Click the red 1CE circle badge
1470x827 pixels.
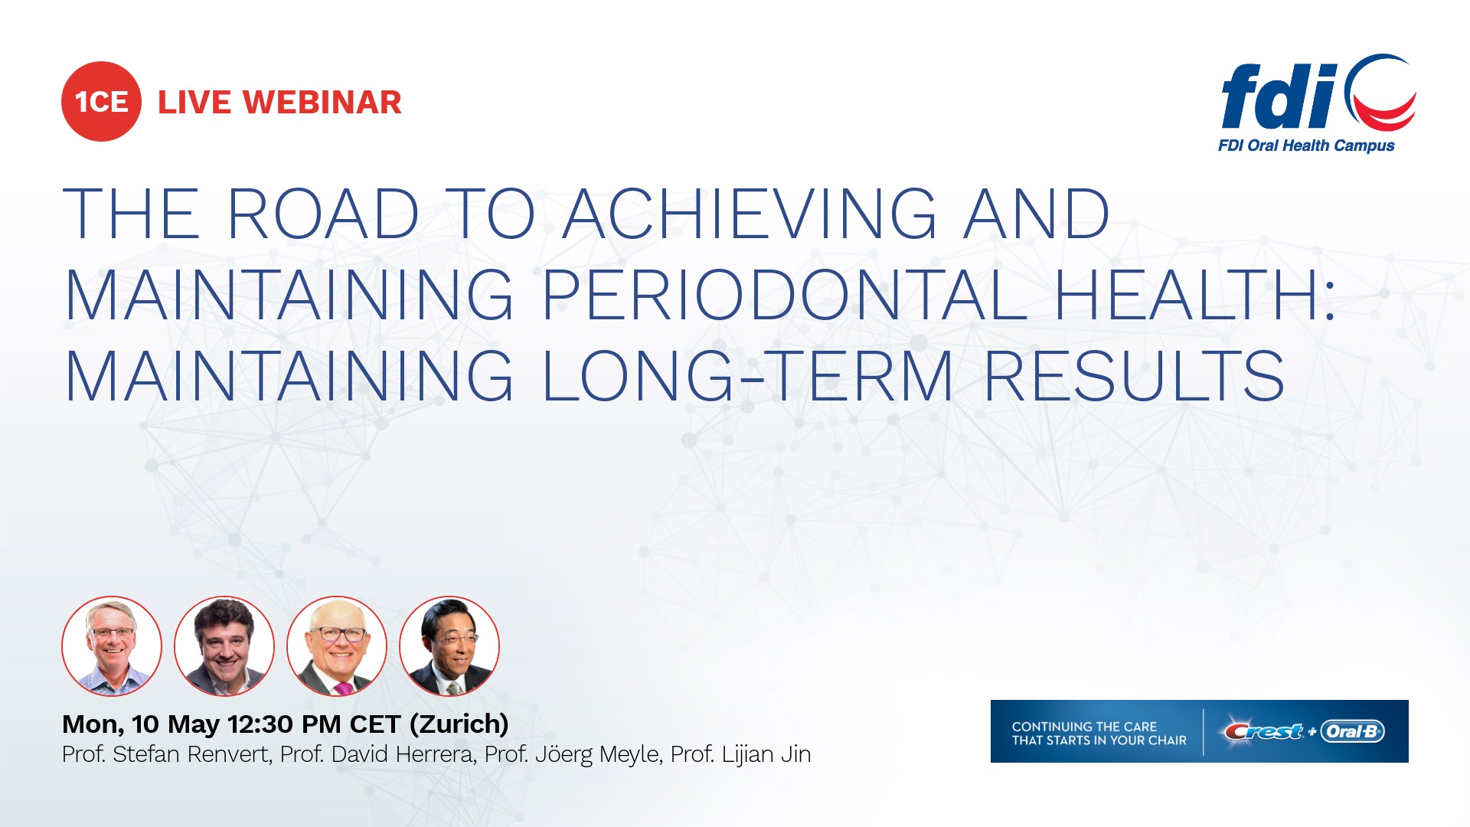[101, 101]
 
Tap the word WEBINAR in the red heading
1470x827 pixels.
[322, 103]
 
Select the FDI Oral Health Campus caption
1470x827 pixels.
[1306, 145]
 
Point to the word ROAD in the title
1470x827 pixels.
[324, 214]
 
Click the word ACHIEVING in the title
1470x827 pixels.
[750, 214]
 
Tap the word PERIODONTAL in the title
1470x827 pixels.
[786, 295]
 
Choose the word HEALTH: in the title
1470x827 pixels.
[1195, 295]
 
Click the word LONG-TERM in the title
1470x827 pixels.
[749, 375]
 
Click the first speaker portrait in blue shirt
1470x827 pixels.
[112, 646]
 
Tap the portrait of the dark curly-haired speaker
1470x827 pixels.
[224, 646]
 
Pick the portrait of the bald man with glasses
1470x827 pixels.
[337, 646]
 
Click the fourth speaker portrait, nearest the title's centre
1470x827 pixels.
[449, 646]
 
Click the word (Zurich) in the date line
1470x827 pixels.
[459, 724]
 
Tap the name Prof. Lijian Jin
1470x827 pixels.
[740, 754]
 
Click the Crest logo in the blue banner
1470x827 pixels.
[1263, 731]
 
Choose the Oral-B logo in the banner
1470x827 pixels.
[1352, 731]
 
